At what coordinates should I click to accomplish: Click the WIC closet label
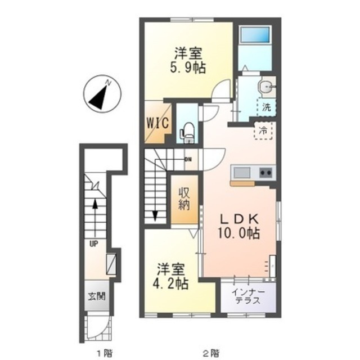(158, 123)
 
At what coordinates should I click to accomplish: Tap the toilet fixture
(187, 133)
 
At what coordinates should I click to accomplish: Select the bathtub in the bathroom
(254, 35)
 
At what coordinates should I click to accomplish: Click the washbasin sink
(267, 88)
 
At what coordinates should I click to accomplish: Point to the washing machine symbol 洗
(266, 107)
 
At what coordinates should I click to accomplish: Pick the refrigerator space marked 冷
(263, 130)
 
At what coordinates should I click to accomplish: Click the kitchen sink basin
(242, 173)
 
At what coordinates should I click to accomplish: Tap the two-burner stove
(266, 173)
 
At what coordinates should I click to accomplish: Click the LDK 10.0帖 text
(239, 226)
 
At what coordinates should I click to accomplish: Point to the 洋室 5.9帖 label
(188, 60)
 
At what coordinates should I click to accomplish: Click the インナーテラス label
(248, 296)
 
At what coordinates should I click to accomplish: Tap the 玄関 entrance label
(97, 296)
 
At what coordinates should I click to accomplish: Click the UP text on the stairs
(94, 244)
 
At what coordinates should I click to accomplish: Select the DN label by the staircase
(188, 159)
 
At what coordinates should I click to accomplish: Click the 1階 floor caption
(105, 353)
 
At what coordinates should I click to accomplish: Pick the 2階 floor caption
(211, 353)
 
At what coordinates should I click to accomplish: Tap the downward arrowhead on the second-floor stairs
(155, 216)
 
